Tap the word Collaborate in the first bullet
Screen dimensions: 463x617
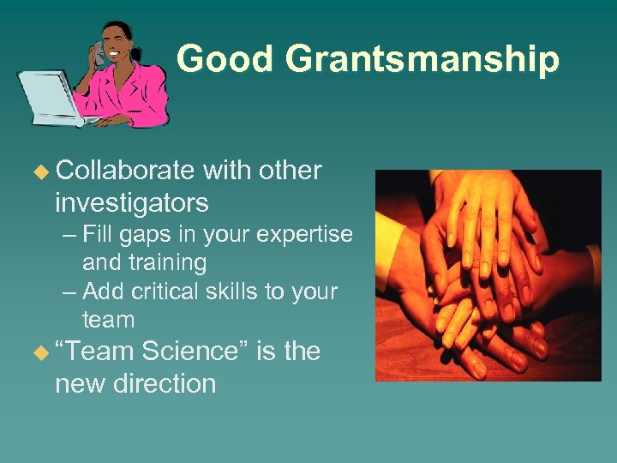[124, 171]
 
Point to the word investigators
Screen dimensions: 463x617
[131, 203]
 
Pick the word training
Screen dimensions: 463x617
[144, 262]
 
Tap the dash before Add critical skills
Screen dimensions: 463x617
[69, 292]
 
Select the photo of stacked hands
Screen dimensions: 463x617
[488, 274]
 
